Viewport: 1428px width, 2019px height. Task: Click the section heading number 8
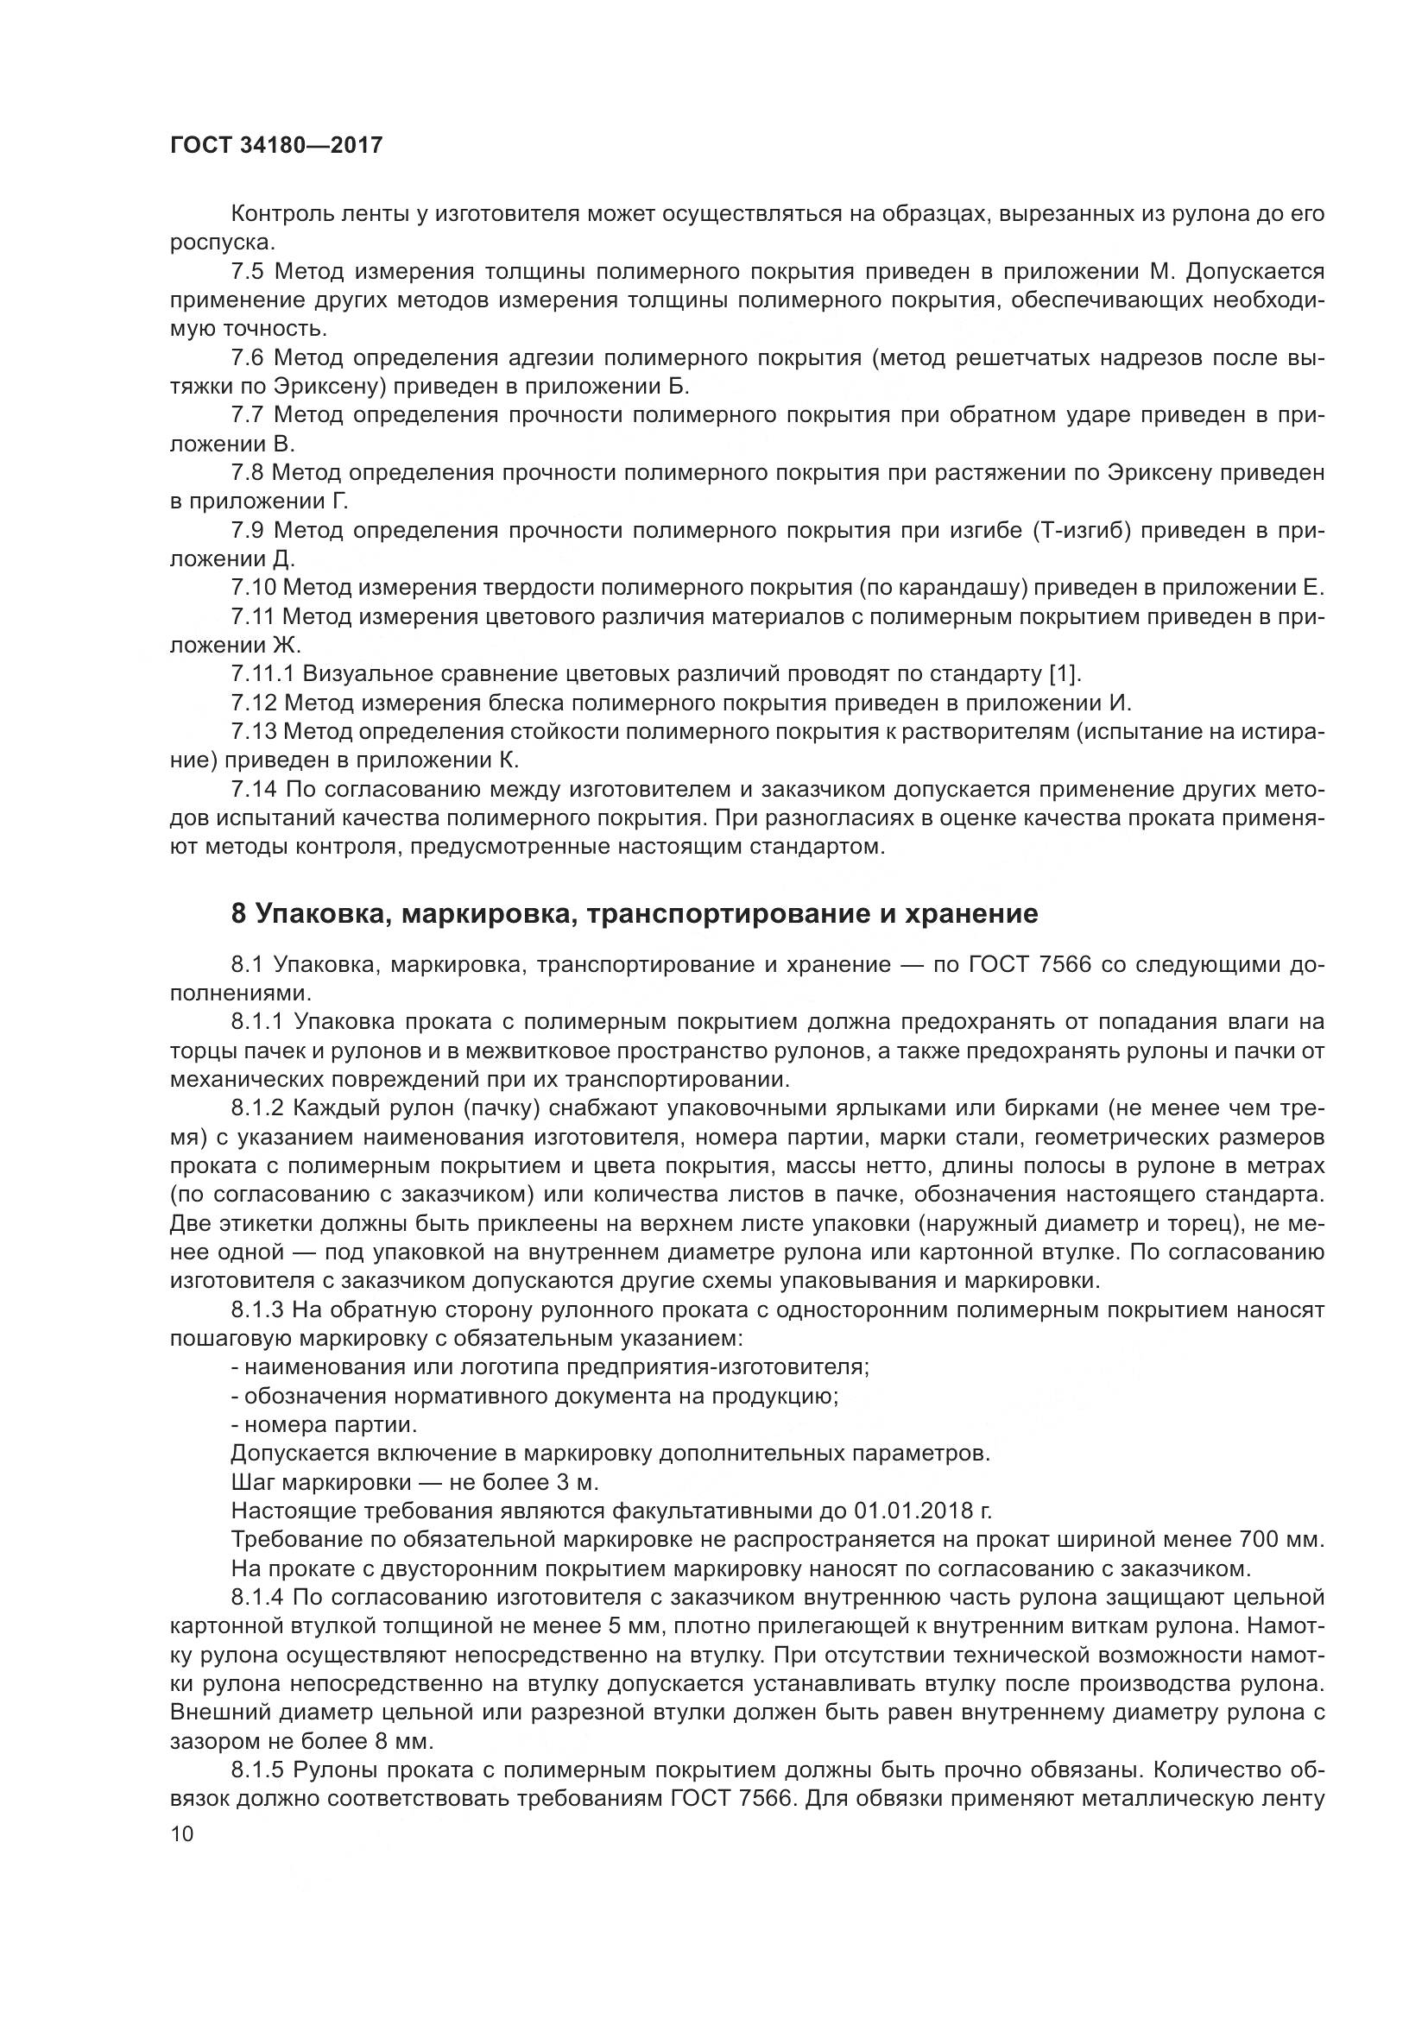(237, 913)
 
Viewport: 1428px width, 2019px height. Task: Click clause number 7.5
(248, 272)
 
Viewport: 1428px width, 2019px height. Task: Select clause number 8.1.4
(257, 1597)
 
